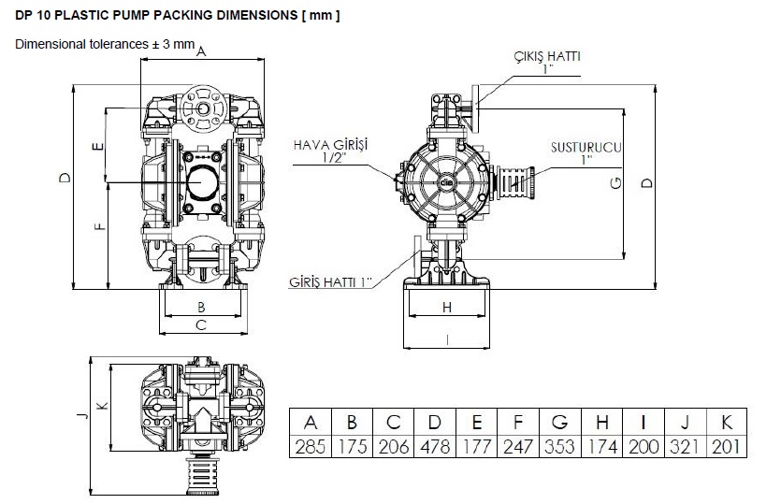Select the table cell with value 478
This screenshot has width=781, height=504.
(435, 446)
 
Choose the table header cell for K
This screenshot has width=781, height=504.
(728, 422)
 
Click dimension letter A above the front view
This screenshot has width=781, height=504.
(200, 52)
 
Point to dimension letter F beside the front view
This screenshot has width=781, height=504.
(99, 226)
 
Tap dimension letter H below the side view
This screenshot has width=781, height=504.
(447, 307)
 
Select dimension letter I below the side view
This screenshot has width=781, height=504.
(447, 339)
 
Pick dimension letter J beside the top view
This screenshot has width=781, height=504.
(80, 416)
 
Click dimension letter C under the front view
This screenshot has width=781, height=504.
(200, 325)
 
